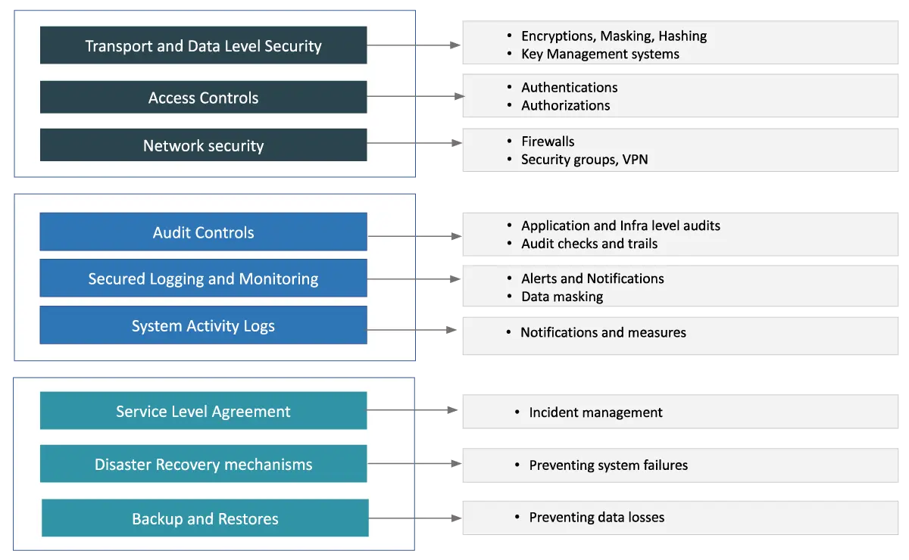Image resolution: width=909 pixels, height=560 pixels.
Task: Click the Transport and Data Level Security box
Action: point(203,45)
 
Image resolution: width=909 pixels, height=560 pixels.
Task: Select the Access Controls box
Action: point(203,98)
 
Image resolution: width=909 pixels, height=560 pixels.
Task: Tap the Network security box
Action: point(203,145)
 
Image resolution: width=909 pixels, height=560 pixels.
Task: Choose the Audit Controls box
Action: point(203,232)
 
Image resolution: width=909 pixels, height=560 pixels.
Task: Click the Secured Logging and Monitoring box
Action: point(203,278)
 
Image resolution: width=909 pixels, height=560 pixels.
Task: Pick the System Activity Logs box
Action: point(203,326)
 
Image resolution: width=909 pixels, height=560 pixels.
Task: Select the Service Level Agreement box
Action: point(203,412)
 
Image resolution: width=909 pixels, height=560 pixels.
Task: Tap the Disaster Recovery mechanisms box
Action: point(203,464)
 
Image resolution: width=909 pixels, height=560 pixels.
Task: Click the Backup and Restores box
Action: point(205,518)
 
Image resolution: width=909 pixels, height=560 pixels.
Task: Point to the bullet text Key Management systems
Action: point(600,54)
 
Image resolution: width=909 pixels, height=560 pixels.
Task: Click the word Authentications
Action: point(569,87)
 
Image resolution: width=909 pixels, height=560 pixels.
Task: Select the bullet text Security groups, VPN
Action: point(584,159)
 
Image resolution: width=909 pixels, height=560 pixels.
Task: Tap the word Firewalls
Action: point(548,142)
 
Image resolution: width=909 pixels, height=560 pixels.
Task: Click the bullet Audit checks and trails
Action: point(589,244)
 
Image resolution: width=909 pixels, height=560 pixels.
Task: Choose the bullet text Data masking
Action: point(562,297)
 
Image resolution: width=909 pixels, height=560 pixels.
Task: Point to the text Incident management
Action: point(595,412)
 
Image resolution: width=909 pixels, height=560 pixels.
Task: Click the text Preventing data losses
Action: point(596,518)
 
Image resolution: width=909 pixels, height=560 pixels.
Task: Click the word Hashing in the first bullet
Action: point(682,36)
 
